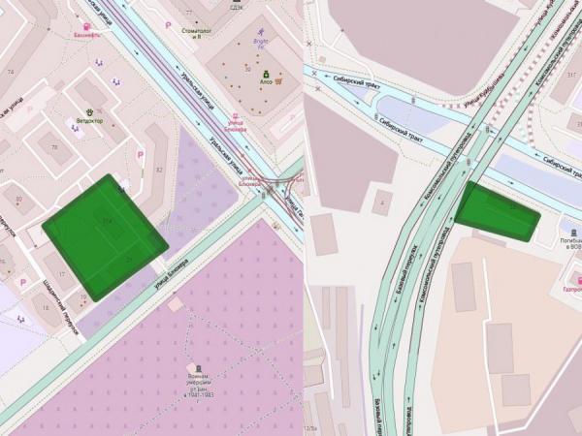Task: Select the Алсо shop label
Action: [x=266, y=82]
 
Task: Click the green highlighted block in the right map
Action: [x=497, y=211]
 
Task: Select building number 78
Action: [x=54, y=147]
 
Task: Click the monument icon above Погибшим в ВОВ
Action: [x=573, y=233]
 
